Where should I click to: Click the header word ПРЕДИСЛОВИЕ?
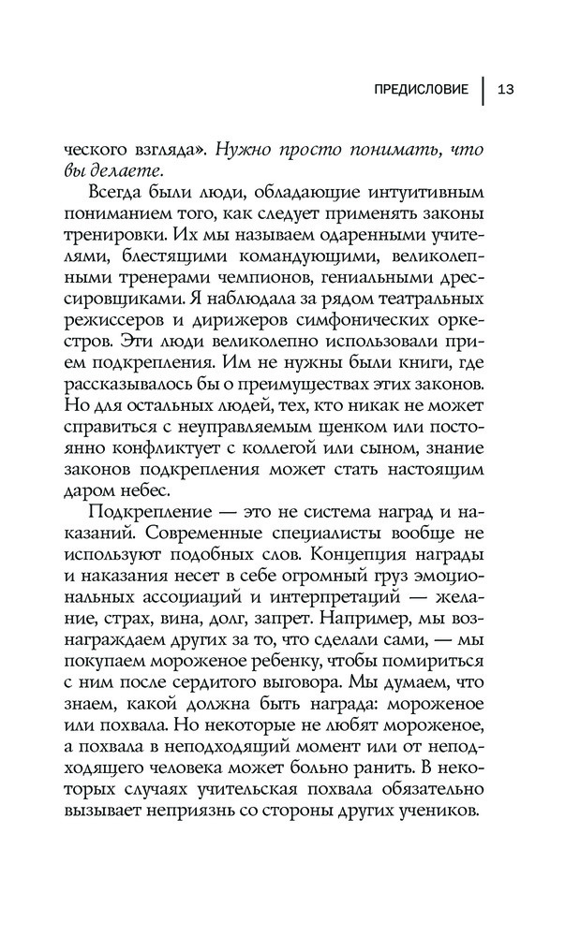click(x=421, y=90)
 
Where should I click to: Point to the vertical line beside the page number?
click(x=484, y=90)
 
